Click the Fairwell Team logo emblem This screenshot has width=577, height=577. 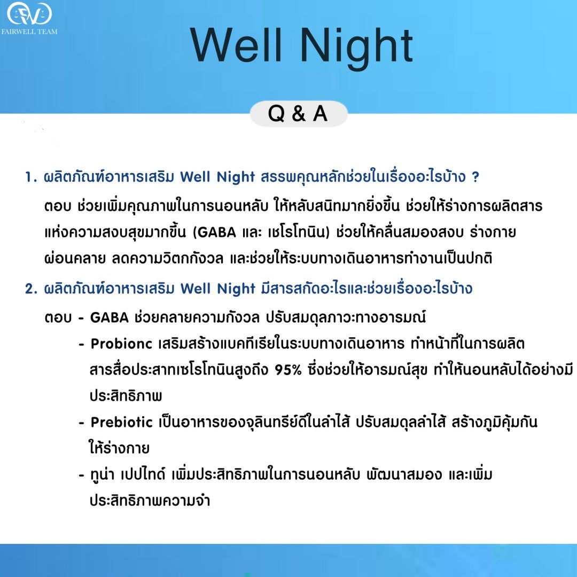29,14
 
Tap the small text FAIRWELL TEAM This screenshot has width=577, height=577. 29,32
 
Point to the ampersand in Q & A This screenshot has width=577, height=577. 298,114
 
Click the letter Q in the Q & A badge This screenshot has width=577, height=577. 276,114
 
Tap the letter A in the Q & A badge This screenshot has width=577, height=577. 319,114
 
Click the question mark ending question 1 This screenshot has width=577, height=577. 475,177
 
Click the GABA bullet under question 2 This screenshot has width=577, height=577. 110,317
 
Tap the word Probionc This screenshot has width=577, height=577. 122,343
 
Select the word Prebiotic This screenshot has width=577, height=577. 122,422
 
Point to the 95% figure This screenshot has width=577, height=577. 291,370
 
